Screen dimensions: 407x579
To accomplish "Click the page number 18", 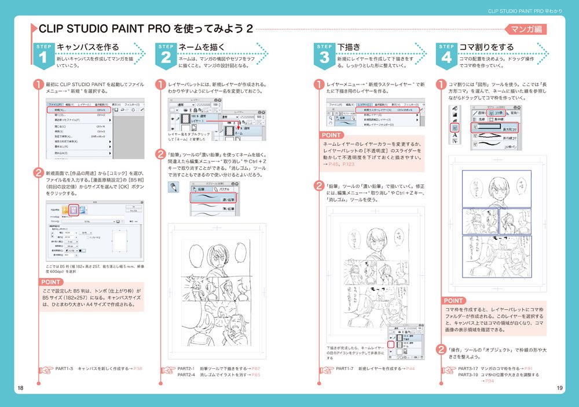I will [20, 387].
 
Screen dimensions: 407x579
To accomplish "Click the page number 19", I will [559, 387].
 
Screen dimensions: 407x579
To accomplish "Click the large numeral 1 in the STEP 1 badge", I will [43, 57].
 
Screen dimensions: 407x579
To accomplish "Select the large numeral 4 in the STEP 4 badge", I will [446, 57].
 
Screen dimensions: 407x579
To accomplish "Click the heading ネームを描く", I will [201, 47].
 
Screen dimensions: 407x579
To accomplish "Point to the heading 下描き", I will [349, 47].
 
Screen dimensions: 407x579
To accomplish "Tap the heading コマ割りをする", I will [486, 47].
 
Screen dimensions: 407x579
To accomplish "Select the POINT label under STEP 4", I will [453, 301].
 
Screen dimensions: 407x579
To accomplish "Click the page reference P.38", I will [137, 368].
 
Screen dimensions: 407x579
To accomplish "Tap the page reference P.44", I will [412, 368].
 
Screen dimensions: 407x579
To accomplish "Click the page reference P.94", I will [489, 381].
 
